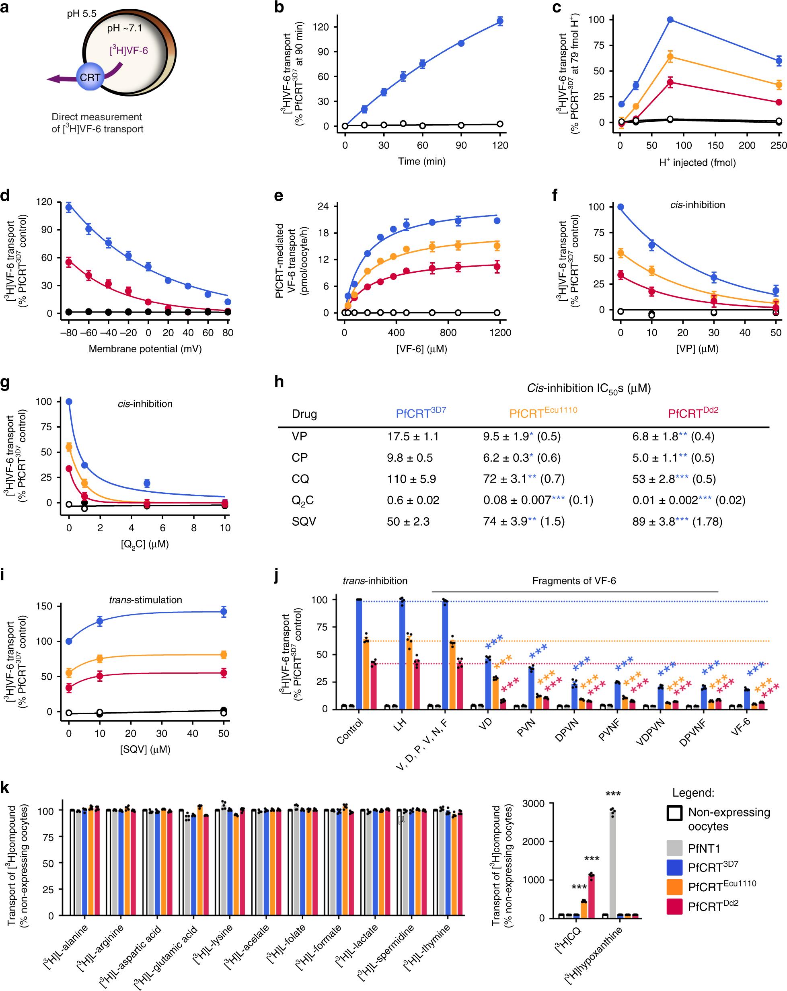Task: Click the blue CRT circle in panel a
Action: [x=90, y=77]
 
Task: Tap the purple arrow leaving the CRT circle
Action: [x=60, y=79]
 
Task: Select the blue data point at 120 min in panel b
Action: [x=500, y=21]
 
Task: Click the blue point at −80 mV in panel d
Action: [x=69, y=207]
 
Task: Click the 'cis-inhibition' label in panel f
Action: [x=698, y=205]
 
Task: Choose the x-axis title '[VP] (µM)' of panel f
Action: [x=697, y=349]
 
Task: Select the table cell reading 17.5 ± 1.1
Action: [x=413, y=436]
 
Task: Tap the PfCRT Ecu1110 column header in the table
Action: [x=543, y=413]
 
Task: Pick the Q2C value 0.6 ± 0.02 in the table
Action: [x=413, y=500]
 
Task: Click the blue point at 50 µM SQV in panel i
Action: [x=224, y=611]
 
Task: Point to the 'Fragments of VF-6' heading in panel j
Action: [x=574, y=580]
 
